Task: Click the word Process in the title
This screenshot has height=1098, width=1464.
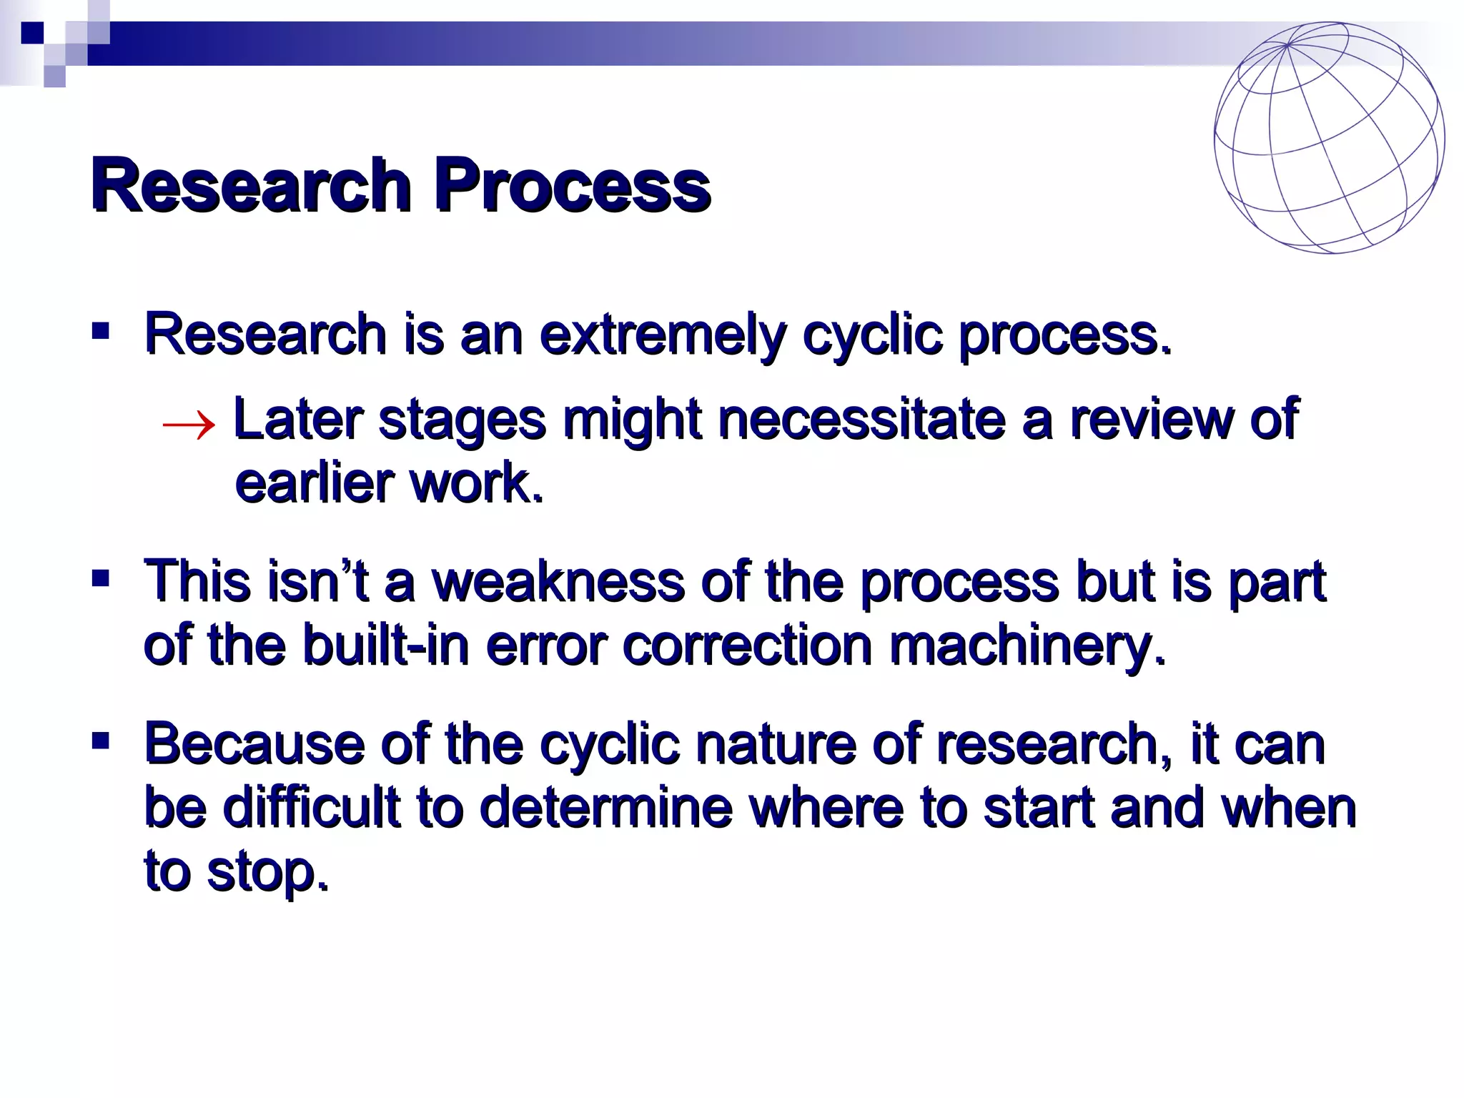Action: pyautogui.click(x=572, y=186)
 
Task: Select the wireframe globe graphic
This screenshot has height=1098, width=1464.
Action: pyautogui.click(x=1328, y=137)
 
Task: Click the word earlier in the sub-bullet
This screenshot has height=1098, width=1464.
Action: pyautogui.click(x=315, y=483)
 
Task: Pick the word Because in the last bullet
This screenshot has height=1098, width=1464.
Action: pyautogui.click(x=254, y=744)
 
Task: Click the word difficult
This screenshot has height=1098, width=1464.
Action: pyautogui.click(x=311, y=808)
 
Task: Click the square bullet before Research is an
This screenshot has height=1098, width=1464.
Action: pyautogui.click(x=100, y=330)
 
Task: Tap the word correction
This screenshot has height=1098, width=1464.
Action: pyautogui.click(x=748, y=645)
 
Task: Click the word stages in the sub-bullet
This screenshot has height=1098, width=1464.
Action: pyautogui.click(x=462, y=420)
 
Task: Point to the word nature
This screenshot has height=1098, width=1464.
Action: pyautogui.click(x=775, y=744)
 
